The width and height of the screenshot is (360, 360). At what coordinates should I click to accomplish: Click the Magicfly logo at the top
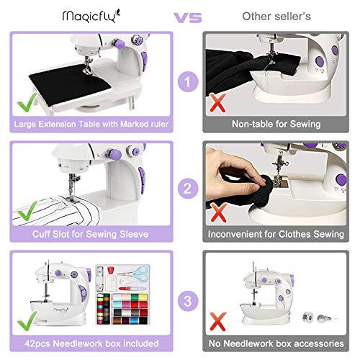click(86, 14)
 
